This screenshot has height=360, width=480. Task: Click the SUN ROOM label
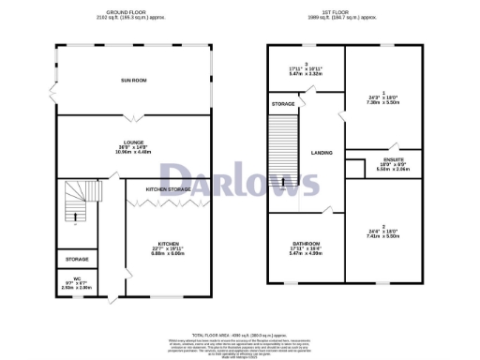[131, 81]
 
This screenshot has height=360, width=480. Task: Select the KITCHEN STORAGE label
[168, 189]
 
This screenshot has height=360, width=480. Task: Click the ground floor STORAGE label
[77, 259]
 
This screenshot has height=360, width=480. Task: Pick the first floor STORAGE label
[282, 103]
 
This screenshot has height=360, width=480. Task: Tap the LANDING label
[322, 152]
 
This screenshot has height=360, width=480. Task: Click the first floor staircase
[282, 154]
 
